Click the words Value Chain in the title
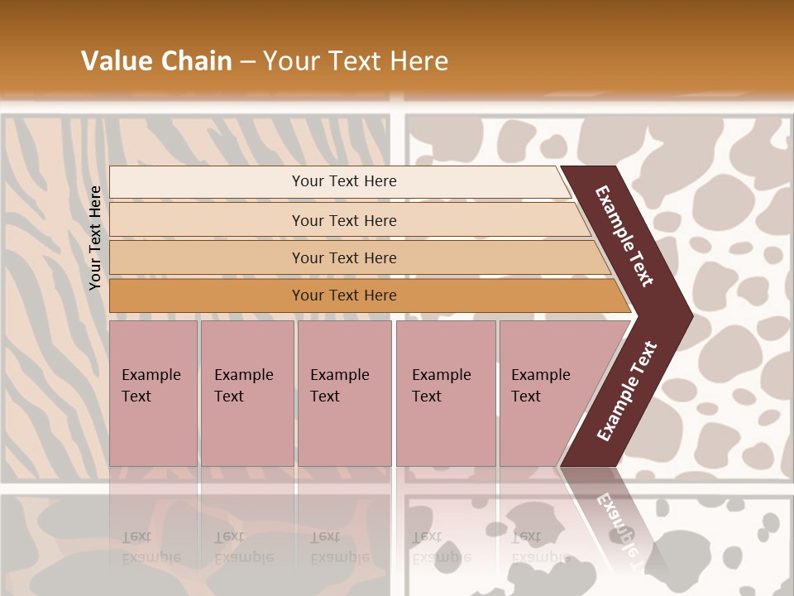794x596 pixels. (x=156, y=61)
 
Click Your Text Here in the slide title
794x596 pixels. (x=356, y=61)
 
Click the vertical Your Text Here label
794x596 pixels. (x=95, y=238)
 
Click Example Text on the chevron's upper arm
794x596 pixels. (x=624, y=236)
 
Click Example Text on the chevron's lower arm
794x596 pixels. (x=627, y=392)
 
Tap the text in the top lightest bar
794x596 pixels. (x=344, y=181)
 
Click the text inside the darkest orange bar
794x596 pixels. (x=344, y=296)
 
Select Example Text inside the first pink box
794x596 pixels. (x=151, y=385)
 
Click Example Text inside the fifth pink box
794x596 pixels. (x=540, y=385)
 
